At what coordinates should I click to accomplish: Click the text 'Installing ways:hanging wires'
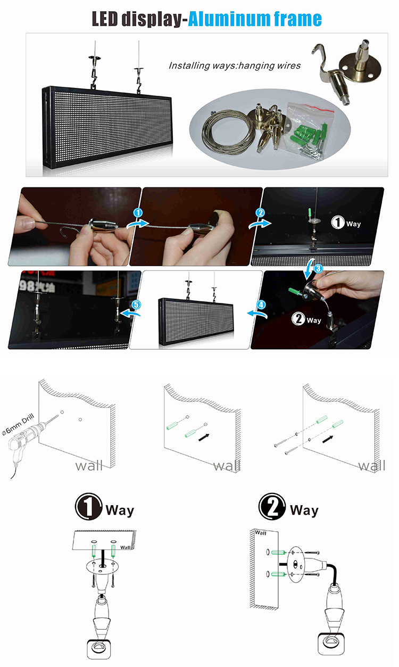235,65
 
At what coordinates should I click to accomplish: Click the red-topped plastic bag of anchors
310,129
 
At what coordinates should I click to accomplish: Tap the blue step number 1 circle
138,212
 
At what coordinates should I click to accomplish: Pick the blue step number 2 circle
260,212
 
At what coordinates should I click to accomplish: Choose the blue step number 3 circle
318,269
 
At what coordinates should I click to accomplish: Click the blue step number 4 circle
261,304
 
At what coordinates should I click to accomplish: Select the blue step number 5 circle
136,304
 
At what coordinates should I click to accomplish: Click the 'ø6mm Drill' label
18,424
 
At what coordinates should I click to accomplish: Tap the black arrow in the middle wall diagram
204,437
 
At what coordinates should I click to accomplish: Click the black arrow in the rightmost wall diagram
328,439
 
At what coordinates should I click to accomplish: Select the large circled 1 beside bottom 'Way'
88,506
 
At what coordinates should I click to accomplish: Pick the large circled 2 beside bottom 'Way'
272,506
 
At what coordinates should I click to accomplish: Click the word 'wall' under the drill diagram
89,466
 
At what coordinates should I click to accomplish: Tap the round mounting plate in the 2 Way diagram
295,564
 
